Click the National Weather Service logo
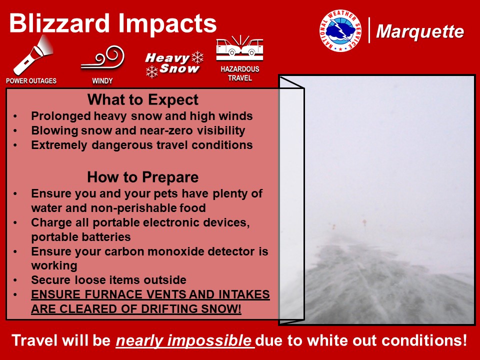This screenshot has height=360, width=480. coord(340,30)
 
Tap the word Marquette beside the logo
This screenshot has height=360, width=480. coord(419,31)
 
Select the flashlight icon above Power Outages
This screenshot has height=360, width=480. coord(33,55)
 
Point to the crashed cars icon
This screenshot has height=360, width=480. coord(239,48)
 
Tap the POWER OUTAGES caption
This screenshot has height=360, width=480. coord(31,81)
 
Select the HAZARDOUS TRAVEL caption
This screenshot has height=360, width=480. coord(240,73)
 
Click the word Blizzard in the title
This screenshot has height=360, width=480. coord(59,23)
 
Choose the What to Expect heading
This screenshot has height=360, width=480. coord(143,100)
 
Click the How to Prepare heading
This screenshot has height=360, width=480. coord(143,177)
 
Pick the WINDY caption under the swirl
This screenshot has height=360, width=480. coord(102,81)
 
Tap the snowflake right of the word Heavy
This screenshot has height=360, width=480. coord(197,57)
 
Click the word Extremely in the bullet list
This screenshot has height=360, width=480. coord(59,145)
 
